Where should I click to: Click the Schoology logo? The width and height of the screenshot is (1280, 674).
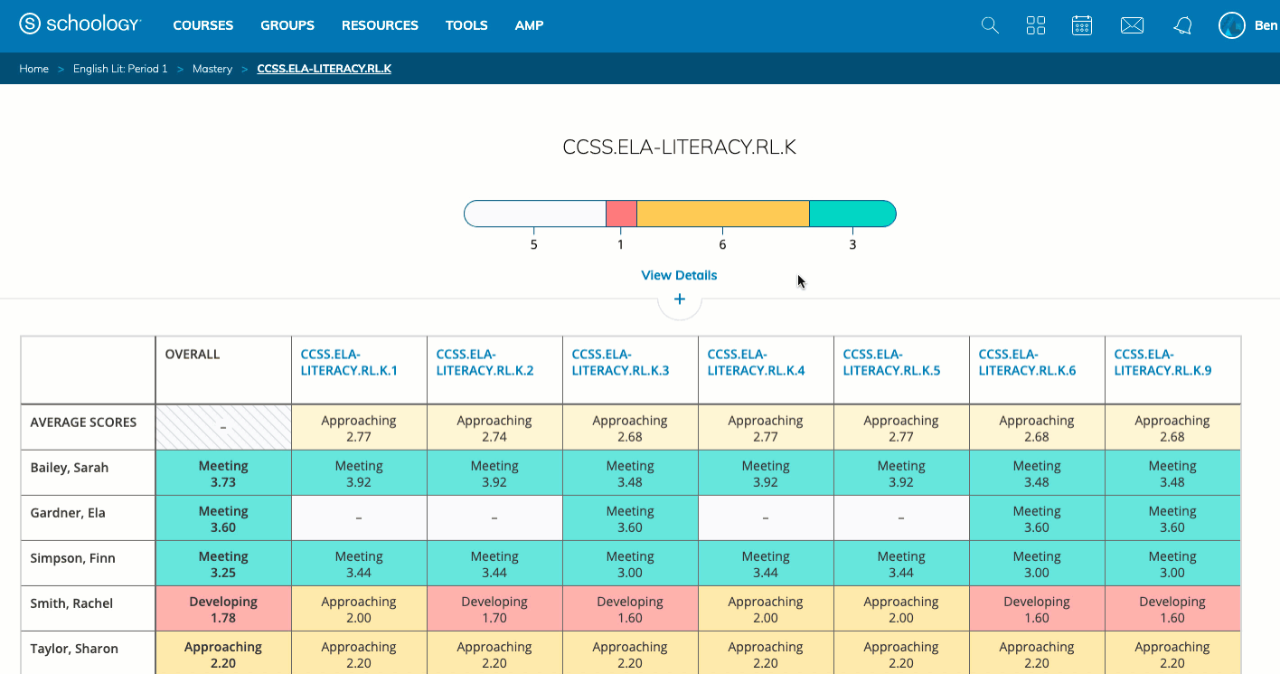click(80, 24)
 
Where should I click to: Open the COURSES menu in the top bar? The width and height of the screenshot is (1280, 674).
click(202, 25)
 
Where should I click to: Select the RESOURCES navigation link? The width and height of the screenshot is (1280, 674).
click(380, 25)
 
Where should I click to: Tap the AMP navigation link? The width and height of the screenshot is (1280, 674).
click(529, 25)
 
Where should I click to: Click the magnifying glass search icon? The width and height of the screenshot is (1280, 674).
click(990, 25)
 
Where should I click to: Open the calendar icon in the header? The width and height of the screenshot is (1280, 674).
click(1082, 25)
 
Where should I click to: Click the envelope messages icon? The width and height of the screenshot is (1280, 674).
click(1132, 25)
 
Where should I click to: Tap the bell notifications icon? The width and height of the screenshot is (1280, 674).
click(1182, 25)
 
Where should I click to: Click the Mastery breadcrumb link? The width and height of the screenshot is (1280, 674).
click(212, 69)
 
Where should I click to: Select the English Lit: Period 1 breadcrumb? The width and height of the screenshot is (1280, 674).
click(120, 69)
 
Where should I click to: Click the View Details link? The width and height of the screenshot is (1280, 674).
click(679, 275)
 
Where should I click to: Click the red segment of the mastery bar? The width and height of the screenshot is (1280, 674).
click(621, 214)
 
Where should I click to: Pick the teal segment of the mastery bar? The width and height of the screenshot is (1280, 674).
click(852, 214)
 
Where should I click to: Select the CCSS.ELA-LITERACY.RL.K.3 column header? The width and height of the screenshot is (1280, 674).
click(620, 362)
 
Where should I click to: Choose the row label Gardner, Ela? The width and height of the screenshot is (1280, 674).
click(68, 513)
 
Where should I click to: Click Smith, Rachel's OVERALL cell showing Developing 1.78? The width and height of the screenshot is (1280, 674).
click(223, 609)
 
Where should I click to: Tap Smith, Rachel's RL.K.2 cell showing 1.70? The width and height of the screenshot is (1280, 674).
click(494, 609)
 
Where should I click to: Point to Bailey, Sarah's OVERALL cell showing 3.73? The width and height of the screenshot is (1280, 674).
click(223, 473)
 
